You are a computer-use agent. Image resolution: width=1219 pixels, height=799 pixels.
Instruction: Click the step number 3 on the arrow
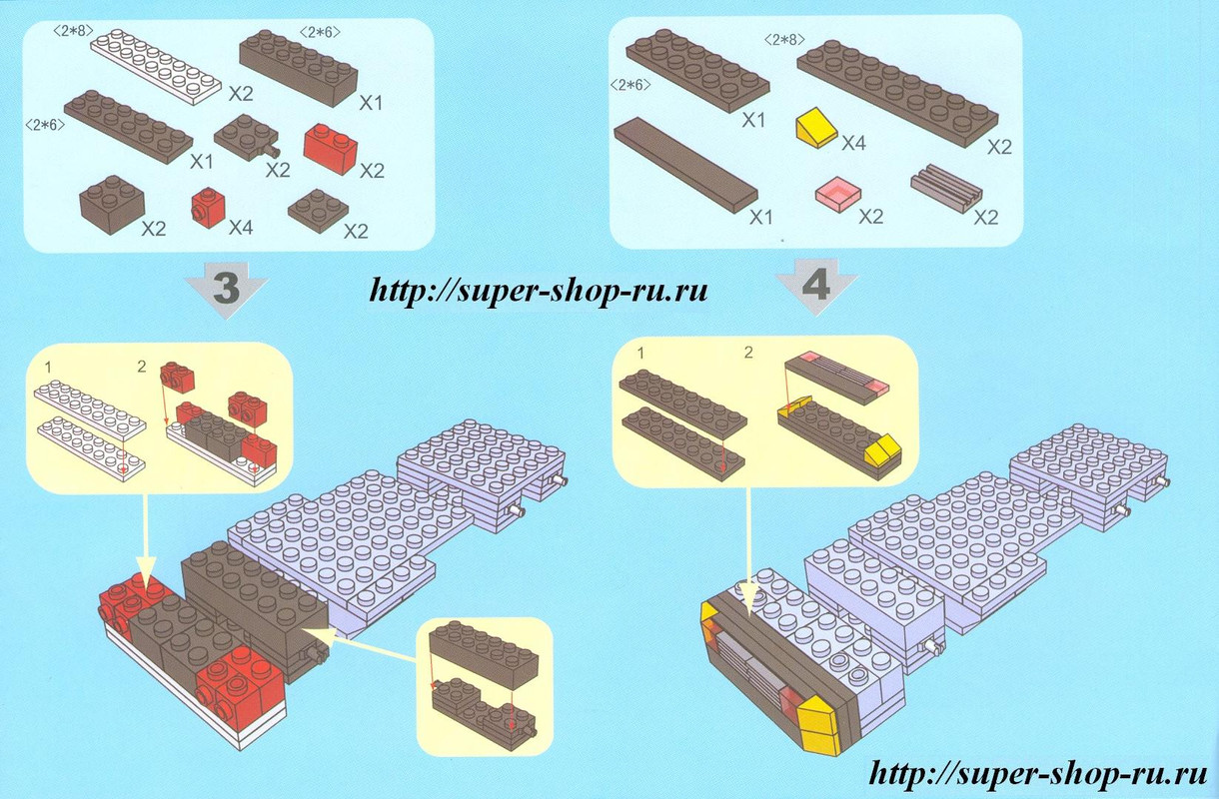pyautogui.click(x=227, y=289)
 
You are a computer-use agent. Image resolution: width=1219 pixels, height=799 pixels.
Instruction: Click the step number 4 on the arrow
pyautogui.click(x=816, y=286)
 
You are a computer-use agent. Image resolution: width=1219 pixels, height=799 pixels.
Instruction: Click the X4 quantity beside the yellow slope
pyautogui.click(x=853, y=143)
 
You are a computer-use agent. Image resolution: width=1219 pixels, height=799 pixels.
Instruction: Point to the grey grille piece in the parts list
pyautogui.click(x=946, y=190)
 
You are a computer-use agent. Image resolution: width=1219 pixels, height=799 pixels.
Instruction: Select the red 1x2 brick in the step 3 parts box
pyautogui.click(x=331, y=148)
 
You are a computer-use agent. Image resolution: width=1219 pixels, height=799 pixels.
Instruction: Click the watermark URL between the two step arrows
pyautogui.click(x=539, y=290)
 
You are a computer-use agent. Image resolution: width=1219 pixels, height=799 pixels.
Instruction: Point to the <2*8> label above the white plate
pyautogui.click(x=73, y=31)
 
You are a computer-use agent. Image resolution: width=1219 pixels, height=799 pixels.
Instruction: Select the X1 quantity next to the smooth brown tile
pyautogui.click(x=761, y=218)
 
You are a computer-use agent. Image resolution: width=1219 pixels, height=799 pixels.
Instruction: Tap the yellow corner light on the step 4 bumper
pyautogui.click(x=818, y=727)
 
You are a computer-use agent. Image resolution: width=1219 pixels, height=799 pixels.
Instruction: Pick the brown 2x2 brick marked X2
pyautogui.click(x=112, y=205)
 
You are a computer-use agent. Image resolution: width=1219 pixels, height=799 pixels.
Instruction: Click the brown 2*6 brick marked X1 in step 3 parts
pyautogui.click(x=298, y=68)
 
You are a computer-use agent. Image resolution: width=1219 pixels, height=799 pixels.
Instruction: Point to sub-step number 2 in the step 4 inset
pyautogui.click(x=748, y=353)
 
